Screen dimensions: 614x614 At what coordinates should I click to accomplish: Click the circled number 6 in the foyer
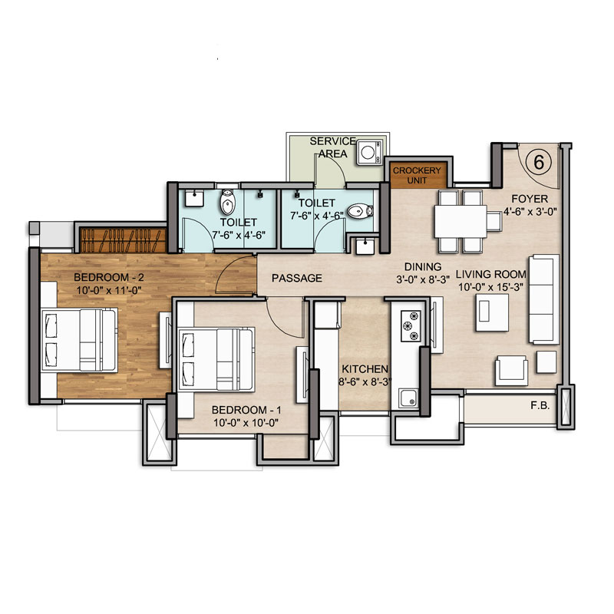(539, 162)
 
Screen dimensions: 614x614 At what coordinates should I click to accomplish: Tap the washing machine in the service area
(369, 152)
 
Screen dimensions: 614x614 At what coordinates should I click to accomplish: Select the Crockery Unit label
(417, 176)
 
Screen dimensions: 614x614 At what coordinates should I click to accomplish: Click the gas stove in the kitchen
(411, 326)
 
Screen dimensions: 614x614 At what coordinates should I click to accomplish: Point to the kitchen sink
(408, 398)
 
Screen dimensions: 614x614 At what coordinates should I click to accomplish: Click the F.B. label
(540, 406)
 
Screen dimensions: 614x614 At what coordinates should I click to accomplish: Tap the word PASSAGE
(297, 278)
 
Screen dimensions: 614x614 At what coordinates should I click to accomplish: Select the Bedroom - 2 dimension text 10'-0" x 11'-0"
(109, 291)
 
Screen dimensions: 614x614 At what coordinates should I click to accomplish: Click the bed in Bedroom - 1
(216, 359)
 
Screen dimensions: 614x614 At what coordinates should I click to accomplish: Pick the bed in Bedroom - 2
(80, 340)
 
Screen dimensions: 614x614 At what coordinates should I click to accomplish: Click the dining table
(461, 221)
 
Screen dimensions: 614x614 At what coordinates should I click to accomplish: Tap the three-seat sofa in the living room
(544, 299)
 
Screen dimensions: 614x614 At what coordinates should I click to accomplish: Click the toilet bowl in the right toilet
(360, 212)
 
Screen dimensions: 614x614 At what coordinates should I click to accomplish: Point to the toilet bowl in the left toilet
(227, 202)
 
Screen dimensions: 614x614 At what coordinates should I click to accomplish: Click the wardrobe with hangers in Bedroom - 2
(124, 240)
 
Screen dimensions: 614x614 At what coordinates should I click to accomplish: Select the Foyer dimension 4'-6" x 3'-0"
(530, 212)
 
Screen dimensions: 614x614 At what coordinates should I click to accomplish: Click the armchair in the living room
(511, 371)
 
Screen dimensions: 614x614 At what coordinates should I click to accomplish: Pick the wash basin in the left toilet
(194, 198)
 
